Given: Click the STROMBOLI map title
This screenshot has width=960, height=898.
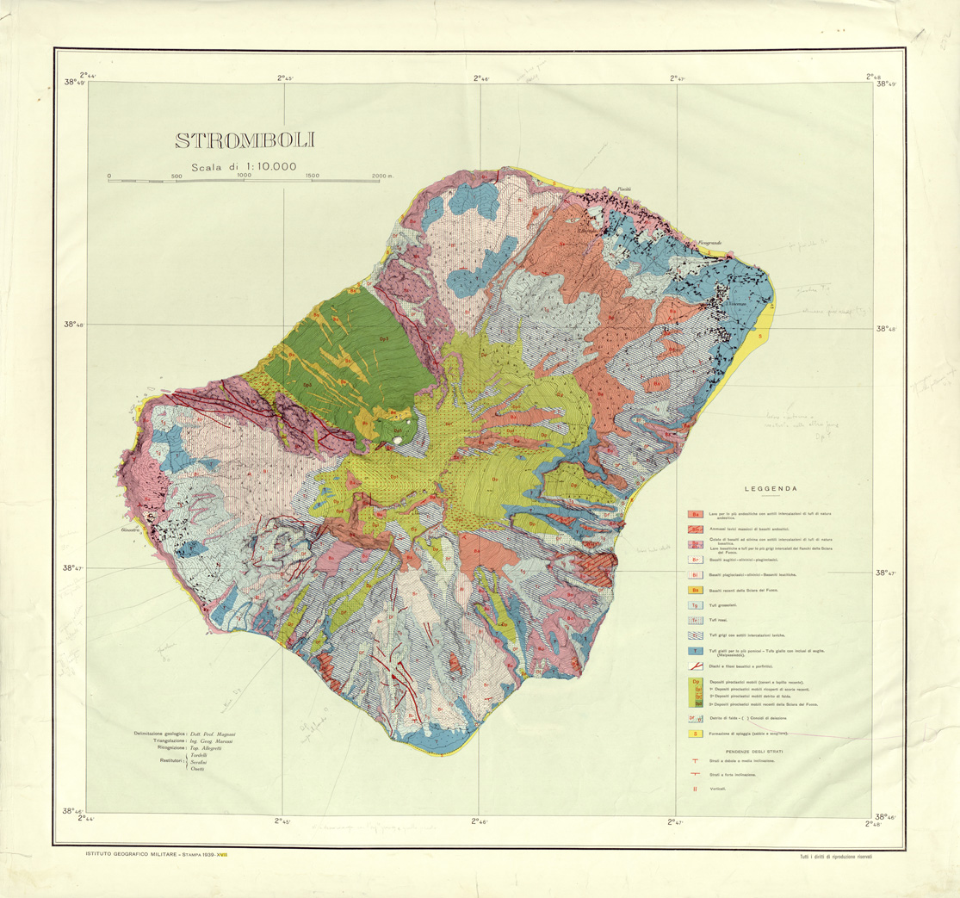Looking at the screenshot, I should (244, 140).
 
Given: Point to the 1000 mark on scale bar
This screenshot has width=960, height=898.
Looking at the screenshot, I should (244, 176).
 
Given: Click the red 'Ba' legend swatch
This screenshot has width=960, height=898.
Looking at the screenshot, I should (694, 514).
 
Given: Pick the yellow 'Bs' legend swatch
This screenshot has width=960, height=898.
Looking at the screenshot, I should (694, 591).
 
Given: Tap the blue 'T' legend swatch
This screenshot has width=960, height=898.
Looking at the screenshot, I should (694, 652).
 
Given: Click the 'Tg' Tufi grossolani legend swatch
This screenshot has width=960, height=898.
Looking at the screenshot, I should (694, 605).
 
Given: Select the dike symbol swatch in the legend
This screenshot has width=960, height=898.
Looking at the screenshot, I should (694, 667).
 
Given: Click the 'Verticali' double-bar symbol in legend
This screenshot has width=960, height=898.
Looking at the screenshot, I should (694, 788).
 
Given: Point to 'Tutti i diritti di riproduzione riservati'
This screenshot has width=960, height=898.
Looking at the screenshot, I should (841, 855).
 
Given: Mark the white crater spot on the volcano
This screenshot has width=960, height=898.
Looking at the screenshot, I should (397, 441).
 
